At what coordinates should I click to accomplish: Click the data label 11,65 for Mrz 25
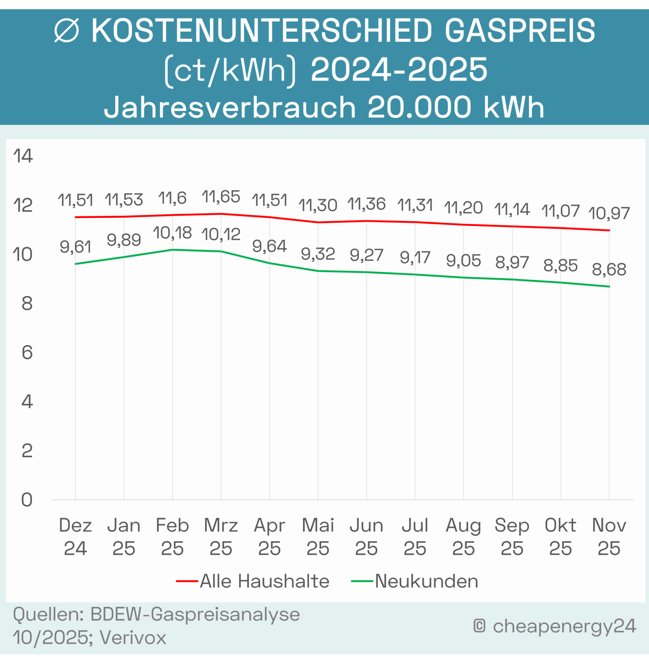click(221, 197)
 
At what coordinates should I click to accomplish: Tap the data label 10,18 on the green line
click(172, 233)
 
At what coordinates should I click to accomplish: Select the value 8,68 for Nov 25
click(609, 269)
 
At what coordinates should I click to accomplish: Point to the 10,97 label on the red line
click(609, 214)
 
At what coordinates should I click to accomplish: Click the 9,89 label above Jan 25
click(124, 240)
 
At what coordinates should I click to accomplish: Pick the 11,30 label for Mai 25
click(318, 205)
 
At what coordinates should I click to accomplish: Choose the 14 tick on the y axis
click(23, 156)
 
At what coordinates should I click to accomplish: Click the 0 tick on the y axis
click(26, 500)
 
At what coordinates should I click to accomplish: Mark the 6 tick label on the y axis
click(27, 353)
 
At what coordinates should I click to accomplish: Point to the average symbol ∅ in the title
click(66, 31)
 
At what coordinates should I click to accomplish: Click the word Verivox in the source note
click(133, 637)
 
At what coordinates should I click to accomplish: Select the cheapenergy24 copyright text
click(564, 626)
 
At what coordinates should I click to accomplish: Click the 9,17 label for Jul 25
click(415, 257)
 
